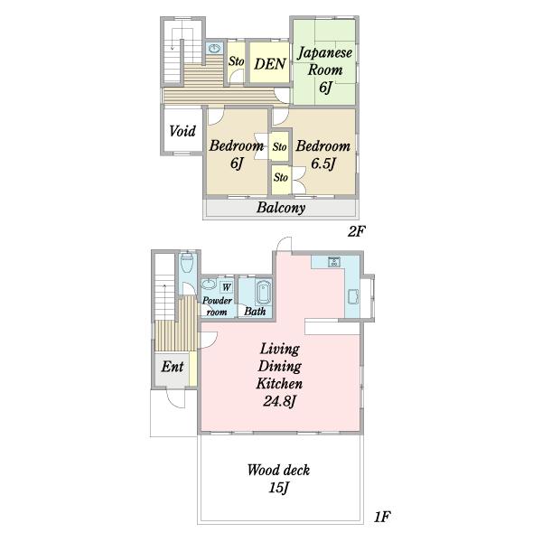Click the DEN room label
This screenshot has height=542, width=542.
tap(270, 64)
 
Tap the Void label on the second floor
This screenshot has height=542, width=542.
tap(182, 131)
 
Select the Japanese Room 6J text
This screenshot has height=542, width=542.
tap(324, 70)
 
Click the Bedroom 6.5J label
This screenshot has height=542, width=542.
tap(323, 154)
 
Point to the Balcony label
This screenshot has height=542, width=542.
tap(281, 208)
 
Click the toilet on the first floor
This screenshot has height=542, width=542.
tap(187, 263)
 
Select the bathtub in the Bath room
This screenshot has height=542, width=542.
tap(264, 293)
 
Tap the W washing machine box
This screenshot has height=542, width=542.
tap(227, 287)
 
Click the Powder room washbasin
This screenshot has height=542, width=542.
tap(209, 284)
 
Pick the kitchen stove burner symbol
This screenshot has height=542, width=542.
tap(334, 262)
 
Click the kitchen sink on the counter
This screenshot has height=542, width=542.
tap(353, 296)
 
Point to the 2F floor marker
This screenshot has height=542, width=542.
tap(357, 231)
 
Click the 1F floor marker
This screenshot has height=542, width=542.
tap(382, 517)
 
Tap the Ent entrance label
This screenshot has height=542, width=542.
tap(173, 367)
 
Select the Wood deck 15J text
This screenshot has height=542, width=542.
tap(278, 479)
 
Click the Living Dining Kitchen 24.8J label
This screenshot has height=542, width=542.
tap(279, 375)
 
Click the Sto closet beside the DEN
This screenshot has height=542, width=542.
tap(236, 61)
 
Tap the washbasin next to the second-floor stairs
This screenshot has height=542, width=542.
tap(215, 48)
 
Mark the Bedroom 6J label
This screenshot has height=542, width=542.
tap(237, 154)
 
